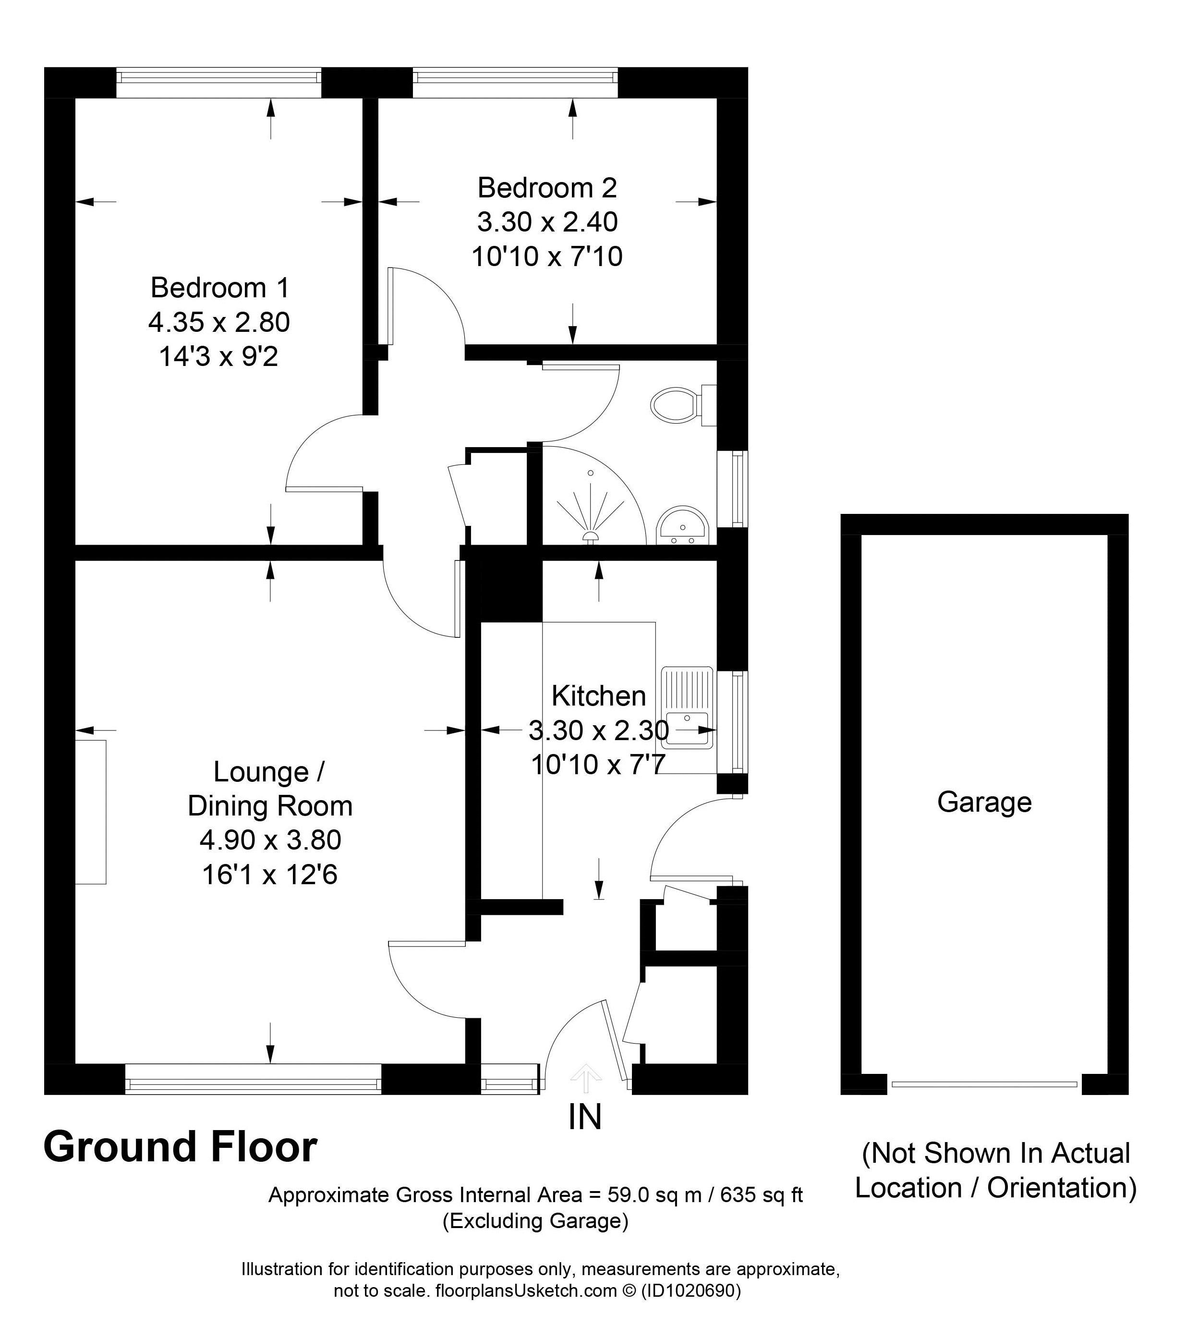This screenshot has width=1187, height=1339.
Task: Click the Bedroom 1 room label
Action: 219,288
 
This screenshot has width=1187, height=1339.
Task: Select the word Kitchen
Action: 599,696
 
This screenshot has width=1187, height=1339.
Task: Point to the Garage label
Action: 984,803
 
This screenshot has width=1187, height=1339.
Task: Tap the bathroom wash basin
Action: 682,525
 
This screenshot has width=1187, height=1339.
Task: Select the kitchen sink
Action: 687,707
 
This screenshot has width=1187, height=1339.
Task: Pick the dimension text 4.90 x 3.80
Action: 270,840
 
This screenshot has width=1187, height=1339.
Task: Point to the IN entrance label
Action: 584,1117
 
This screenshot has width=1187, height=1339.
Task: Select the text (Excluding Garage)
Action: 535,1221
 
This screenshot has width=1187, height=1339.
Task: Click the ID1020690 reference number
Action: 690,1290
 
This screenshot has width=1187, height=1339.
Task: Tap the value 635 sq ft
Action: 761,1195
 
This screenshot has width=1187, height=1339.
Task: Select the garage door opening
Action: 984,1085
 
